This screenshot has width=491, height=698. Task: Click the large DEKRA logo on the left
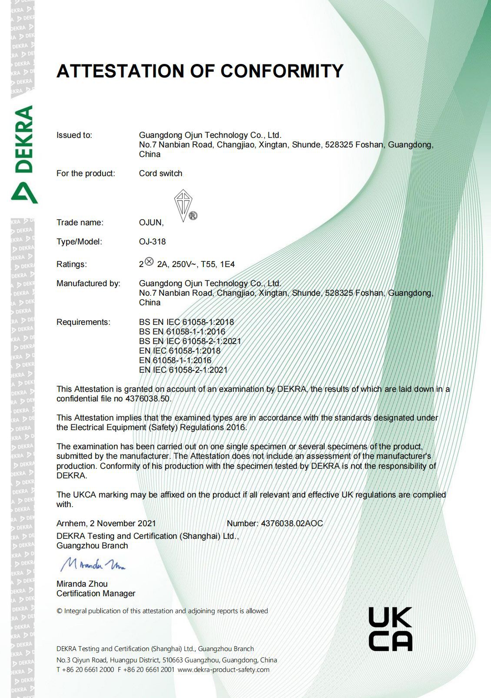point(23,154)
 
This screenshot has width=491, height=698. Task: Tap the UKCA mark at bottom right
point(390,629)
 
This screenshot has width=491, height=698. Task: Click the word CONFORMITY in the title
point(282,71)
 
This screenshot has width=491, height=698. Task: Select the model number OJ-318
point(152,241)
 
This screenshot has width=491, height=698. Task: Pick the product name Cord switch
point(160,173)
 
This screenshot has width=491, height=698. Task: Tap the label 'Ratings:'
point(71,264)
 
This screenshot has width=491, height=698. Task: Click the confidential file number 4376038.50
point(148,399)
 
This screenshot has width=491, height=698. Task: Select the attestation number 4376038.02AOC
point(292,523)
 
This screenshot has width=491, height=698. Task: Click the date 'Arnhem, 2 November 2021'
point(106,523)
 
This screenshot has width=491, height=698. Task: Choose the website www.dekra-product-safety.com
point(223,669)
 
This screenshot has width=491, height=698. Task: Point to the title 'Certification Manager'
point(96,593)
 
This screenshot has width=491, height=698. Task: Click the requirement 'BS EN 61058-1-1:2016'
point(182,331)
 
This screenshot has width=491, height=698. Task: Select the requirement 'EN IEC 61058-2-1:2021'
point(183,370)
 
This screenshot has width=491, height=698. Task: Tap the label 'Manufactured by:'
point(88,283)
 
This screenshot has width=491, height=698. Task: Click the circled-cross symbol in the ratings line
point(149,261)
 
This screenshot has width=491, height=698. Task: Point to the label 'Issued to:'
point(74,135)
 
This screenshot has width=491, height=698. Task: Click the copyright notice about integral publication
point(162,611)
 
